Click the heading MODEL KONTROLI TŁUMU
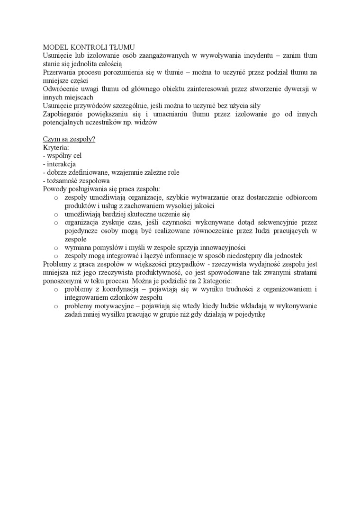(89, 47)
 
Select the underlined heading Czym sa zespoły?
(69, 139)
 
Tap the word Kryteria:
(56, 148)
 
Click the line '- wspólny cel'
(62, 156)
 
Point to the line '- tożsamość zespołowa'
(76, 181)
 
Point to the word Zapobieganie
(64, 114)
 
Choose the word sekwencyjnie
(272, 223)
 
